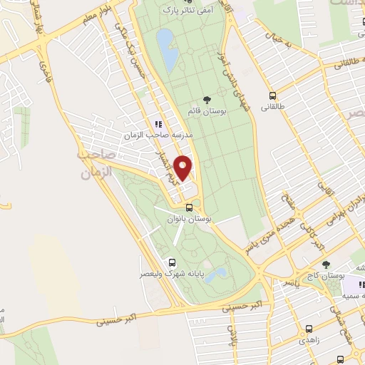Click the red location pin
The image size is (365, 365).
point(184,168)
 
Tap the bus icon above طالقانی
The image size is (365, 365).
point(272,96)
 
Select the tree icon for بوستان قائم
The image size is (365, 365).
point(207,100)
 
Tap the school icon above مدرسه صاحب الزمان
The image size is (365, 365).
point(158,123)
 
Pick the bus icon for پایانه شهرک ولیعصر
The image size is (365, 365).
point(171,262)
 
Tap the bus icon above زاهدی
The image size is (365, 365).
point(309,329)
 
